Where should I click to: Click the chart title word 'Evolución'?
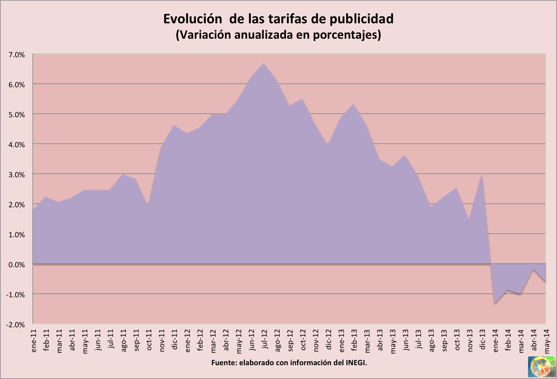(x=193, y=19)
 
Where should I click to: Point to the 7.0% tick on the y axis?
(x=17, y=55)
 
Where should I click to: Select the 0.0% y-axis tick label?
(x=17, y=265)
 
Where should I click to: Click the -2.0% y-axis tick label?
(x=16, y=325)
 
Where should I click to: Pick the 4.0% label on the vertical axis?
(x=17, y=144)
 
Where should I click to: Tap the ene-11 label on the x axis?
(x=34, y=341)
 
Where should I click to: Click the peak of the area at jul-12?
(x=263, y=64)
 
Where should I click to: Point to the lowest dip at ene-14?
(x=495, y=303)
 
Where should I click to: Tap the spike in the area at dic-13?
(x=482, y=174)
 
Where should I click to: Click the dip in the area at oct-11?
(x=148, y=205)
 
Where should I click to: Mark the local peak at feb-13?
(x=353, y=104)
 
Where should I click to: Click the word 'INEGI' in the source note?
(x=356, y=362)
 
